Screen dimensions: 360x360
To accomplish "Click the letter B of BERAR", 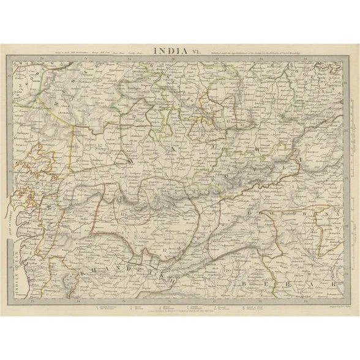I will tap(244, 285).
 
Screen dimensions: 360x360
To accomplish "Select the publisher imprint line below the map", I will tap(178, 312).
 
